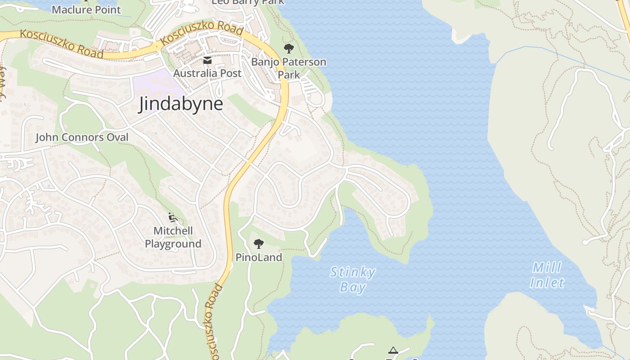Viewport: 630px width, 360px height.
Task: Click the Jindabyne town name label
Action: coord(181,104)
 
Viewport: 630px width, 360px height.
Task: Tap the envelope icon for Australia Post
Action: coord(207,61)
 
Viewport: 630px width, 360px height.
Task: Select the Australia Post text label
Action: coord(207,73)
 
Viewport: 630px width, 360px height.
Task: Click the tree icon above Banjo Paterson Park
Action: coord(288,48)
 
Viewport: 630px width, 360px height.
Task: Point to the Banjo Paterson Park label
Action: coord(288,68)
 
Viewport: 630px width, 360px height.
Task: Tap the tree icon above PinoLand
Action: coord(258,244)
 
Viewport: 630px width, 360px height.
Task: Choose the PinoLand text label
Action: coord(259,257)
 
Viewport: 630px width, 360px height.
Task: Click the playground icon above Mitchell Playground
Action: coord(172,217)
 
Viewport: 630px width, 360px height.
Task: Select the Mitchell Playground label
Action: coord(173,237)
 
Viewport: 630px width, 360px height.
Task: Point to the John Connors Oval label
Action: coord(82,137)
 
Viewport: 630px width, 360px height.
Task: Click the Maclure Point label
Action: coord(86,9)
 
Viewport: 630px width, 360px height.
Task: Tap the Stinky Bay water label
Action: coord(352,279)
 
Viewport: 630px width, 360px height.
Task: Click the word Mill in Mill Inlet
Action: coord(547,268)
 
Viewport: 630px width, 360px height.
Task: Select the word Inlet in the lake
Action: coord(547,283)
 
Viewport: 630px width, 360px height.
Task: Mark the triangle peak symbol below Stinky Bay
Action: coord(393,350)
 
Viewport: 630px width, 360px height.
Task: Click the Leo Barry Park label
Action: coord(248,2)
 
